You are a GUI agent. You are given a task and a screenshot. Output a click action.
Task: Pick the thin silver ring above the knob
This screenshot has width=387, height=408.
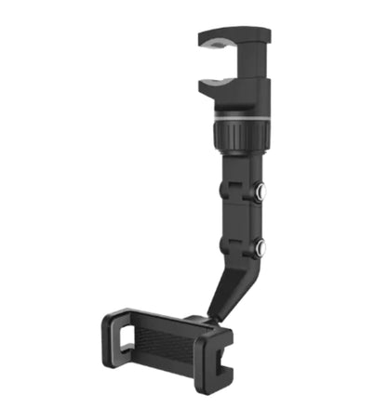click(241, 117)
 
